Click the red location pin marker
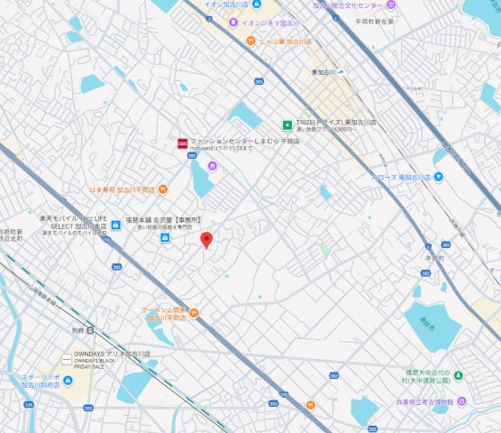(x=205, y=239)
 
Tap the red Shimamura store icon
(x=182, y=143)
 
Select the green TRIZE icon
(x=287, y=125)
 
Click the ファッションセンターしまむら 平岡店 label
(x=232, y=141)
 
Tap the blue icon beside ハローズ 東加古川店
(x=439, y=177)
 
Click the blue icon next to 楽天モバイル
(x=116, y=226)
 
